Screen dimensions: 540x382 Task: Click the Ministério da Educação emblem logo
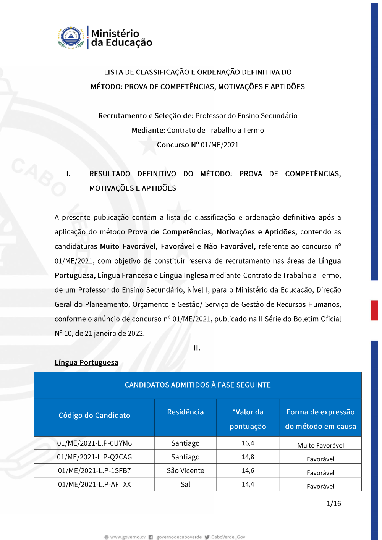pos(71,37)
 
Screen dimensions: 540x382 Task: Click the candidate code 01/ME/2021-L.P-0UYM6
pos(94,443)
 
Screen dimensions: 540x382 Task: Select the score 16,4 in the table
pos(248,443)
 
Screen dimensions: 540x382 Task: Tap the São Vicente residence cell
pos(185,470)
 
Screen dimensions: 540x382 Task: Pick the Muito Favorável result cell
pos(320,445)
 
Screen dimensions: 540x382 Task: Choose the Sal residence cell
pos(185,484)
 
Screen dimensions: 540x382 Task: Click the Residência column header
pos(185,412)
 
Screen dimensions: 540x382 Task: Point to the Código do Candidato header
pos(94,415)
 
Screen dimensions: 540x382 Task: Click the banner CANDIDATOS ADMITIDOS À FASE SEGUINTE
pos(197,385)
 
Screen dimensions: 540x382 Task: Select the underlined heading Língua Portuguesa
pos(86,362)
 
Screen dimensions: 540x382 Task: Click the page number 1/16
pos(333,503)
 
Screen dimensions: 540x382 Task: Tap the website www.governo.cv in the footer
pos(128,537)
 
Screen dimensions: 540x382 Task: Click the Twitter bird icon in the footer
pos(207,537)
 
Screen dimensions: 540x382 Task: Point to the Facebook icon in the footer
pos(151,537)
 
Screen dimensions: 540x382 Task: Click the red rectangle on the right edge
pos(374,310)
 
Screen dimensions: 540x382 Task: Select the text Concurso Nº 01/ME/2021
pos(197,145)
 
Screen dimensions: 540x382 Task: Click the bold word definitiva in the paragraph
pos(299,217)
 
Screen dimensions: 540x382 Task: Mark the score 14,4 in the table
pos(248,484)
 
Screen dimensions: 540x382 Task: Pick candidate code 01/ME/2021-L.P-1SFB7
pos(94,470)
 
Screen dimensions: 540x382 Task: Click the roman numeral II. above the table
pos(197,348)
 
